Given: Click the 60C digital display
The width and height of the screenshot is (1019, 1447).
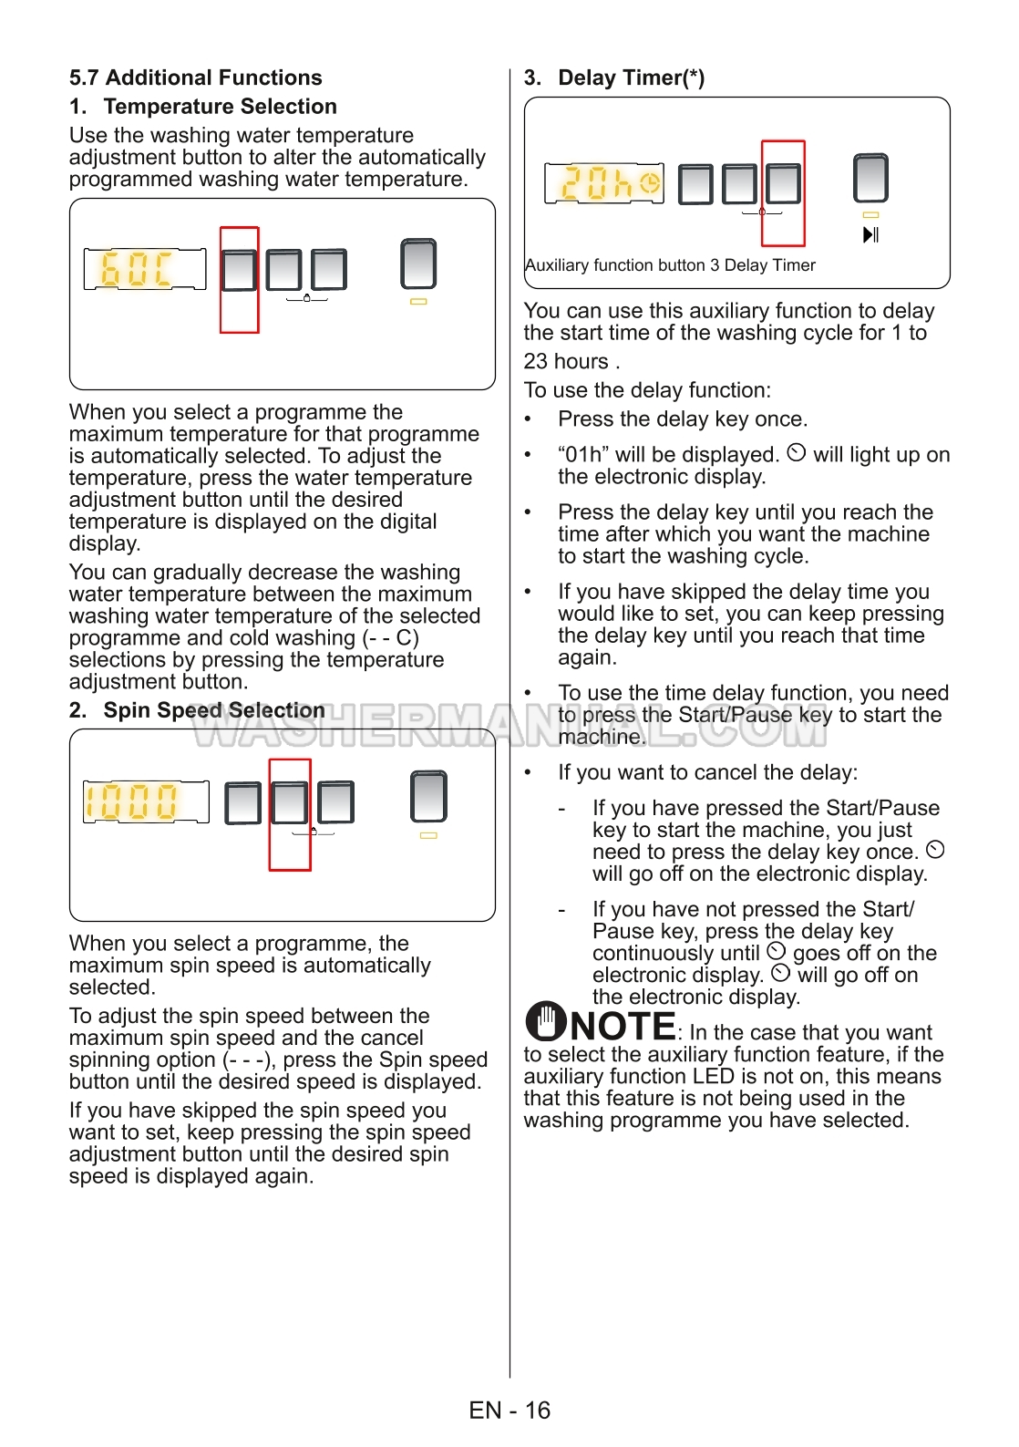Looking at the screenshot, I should coord(144,269).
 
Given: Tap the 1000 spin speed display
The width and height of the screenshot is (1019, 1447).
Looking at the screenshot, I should coord(145,801).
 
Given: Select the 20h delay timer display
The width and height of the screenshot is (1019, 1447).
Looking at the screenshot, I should coord(603,183).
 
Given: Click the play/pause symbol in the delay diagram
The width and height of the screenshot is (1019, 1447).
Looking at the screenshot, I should coord(870,235).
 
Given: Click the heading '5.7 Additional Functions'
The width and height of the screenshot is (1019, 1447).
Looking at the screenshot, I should coord(196,78).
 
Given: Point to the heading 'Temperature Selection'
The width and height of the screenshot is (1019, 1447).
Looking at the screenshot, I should coord(220,107).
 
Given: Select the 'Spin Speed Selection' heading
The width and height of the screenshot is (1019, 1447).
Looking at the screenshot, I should coord(214,710).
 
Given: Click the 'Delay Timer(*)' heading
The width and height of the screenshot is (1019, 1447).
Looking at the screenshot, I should coord(631,78).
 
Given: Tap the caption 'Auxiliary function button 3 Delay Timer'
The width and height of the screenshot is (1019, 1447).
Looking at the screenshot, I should coord(670,265).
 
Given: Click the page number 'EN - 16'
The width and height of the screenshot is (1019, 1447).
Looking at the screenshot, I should coord(509,1411).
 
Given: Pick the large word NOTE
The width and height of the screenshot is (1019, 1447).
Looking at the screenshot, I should coord(623,1027).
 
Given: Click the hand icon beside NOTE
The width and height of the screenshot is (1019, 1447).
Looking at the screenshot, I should coord(546,1021).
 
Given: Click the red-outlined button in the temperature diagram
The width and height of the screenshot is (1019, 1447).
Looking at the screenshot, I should coord(239,271).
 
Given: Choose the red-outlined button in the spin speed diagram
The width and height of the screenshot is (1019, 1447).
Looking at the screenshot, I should coord(290,802).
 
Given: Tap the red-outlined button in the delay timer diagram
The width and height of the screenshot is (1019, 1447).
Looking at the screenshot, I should coord(783,184).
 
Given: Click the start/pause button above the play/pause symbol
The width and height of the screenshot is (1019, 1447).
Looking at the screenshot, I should coord(870,178).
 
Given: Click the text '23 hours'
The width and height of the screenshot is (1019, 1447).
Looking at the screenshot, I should coord(566,362).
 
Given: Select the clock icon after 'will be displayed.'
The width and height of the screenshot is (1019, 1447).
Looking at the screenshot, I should coord(796,453).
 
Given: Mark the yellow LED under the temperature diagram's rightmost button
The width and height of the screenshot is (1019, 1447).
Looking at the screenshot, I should coord(418,301).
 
